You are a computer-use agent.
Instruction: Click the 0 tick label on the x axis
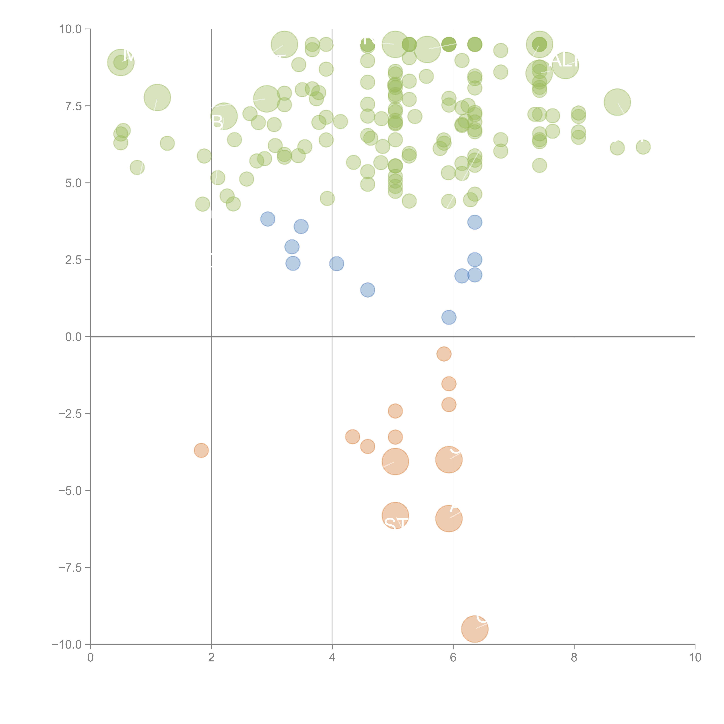click(90, 657)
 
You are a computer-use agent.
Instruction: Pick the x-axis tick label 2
click(211, 657)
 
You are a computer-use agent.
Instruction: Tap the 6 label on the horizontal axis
click(453, 657)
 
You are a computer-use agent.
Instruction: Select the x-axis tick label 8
click(574, 657)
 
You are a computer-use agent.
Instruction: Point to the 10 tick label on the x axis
click(695, 657)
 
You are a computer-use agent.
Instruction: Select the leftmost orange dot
click(201, 450)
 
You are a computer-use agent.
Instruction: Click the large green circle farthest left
click(121, 62)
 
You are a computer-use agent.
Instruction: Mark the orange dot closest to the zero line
click(444, 354)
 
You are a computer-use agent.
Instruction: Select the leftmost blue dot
click(268, 219)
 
